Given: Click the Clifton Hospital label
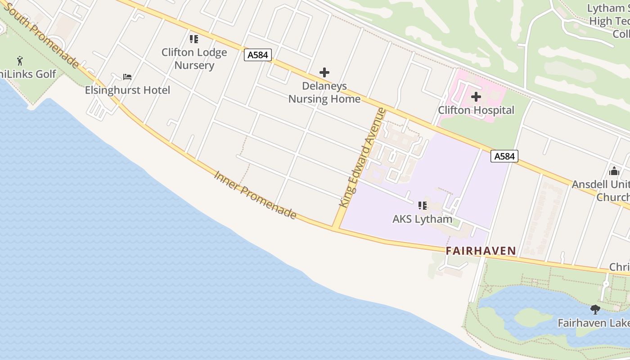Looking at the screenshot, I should (x=476, y=110).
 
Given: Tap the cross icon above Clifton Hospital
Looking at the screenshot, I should (x=476, y=97).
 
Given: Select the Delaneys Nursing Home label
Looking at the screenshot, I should (x=324, y=93).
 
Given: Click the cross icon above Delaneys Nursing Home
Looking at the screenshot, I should (x=324, y=72).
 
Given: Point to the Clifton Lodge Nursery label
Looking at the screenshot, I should (x=194, y=59).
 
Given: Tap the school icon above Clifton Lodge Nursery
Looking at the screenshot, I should (x=194, y=39).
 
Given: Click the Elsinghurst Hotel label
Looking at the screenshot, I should (x=127, y=90).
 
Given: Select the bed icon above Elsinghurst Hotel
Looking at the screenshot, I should (x=127, y=77).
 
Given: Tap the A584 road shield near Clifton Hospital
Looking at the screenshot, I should (x=504, y=156).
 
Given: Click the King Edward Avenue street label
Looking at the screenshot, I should (x=363, y=157).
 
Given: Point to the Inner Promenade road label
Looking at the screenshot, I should (x=255, y=195).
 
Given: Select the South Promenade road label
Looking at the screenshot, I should (x=43, y=36).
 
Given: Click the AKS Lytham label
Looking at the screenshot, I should (x=422, y=219).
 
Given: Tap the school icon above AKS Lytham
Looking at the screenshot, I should (x=422, y=206).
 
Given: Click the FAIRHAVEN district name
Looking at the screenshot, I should (x=481, y=251).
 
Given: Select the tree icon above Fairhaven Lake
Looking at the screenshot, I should (x=595, y=310).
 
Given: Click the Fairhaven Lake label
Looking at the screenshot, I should (x=594, y=323).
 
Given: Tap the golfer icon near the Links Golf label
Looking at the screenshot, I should (x=20, y=60).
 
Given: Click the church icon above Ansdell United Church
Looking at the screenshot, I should (x=614, y=171).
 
